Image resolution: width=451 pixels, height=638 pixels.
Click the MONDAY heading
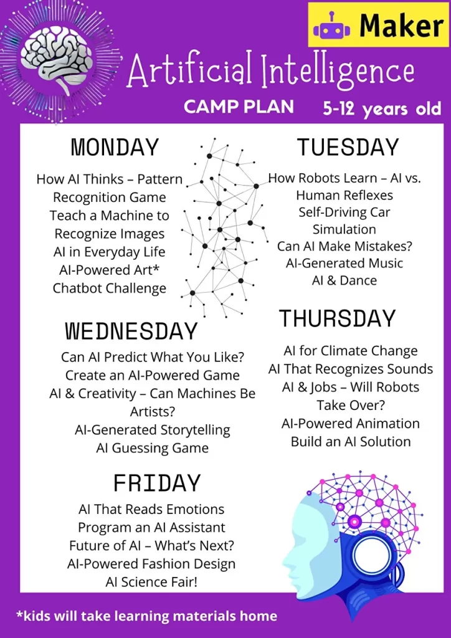(115, 147)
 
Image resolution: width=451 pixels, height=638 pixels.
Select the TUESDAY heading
(348, 147)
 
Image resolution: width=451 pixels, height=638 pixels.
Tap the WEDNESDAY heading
(131, 331)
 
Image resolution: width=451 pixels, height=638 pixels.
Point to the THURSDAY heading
(337, 318)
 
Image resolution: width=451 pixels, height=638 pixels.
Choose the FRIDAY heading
(157, 483)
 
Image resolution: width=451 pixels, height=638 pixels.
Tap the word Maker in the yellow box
(401, 26)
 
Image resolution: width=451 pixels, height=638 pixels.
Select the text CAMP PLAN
(239, 107)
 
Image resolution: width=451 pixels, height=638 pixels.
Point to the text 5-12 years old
(382, 108)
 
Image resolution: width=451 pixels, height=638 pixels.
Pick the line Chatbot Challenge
(110, 288)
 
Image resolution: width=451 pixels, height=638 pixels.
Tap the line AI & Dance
(344, 280)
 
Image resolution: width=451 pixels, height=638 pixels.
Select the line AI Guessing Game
(153, 448)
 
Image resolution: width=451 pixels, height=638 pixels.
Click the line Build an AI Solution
(351, 442)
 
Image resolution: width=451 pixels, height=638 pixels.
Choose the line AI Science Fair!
(151, 582)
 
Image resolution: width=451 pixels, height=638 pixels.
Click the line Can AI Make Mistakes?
(345, 246)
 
